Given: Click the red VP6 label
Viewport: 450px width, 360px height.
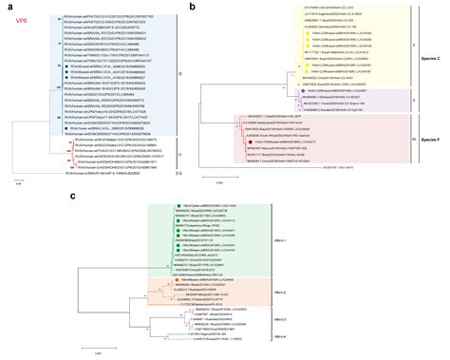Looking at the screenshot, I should (19, 19).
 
